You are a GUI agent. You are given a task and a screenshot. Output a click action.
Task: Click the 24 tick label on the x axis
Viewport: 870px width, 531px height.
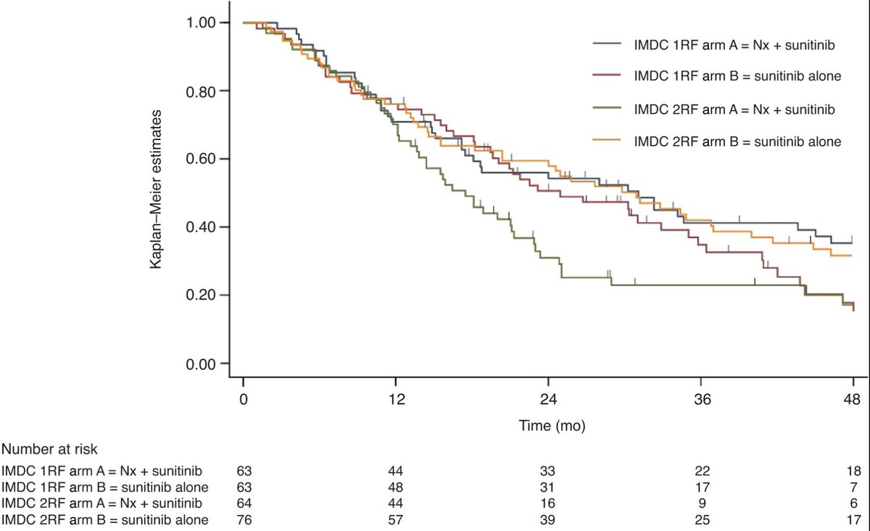[x=548, y=399]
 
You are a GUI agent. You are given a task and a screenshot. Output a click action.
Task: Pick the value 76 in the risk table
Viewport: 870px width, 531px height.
[x=244, y=519]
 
